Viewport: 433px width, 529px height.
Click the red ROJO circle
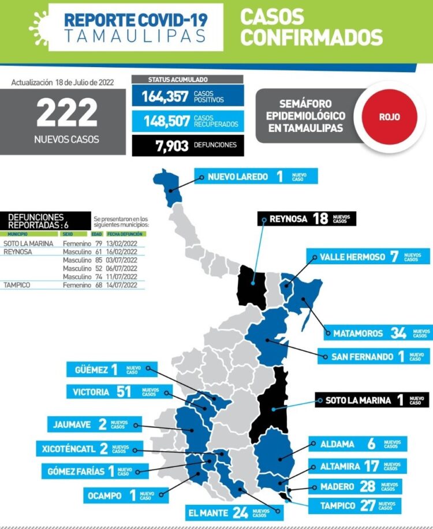click(390, 116)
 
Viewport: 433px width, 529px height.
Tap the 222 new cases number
click(67, 113)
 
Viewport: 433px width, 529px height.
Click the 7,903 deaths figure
click(171, 145)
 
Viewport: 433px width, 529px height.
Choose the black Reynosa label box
click(307, 219)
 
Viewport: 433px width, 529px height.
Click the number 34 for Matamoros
click(398, 332)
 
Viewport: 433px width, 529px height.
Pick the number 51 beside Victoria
click(124, 392)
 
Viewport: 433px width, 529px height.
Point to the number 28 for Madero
click(367, 486)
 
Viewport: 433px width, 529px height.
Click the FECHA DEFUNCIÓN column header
click(126, 234)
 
